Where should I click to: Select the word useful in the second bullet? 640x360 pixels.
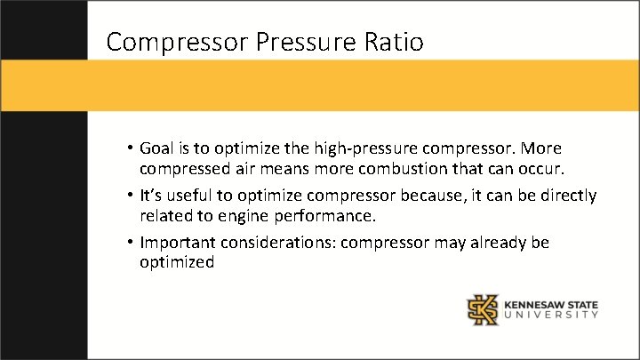(x=183, y=196)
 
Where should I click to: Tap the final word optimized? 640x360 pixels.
(x=177, y=263)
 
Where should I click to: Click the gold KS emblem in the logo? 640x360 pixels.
(x=484, y=309)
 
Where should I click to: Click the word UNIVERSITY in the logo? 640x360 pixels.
(x=551, y=315)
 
